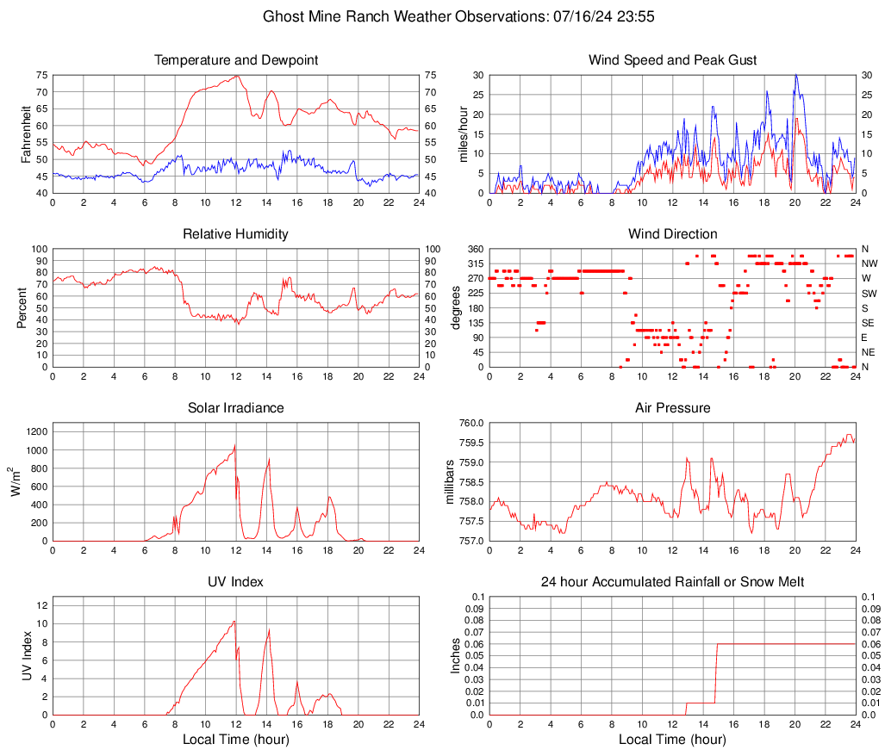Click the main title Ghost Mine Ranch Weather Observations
[x=441, y=16]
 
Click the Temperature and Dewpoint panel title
[x=235, y=60]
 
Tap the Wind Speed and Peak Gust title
[x=672, y=60]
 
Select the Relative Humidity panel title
[x=235, y=234]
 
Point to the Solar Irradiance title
[x=235, y=408]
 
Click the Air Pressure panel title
[x=672, y=408]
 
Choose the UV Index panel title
[x=235, y=582]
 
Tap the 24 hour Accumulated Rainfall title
[x=672, y=582]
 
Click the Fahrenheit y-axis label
[x=25, y=134]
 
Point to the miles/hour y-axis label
[x=463, y=134]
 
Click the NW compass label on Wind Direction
[x=869, y=263]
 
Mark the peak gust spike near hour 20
[x=795, y=76]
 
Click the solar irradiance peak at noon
[x=235, y=445]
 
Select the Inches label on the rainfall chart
[x=457, y=656]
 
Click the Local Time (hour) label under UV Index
[x=235, y=740]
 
